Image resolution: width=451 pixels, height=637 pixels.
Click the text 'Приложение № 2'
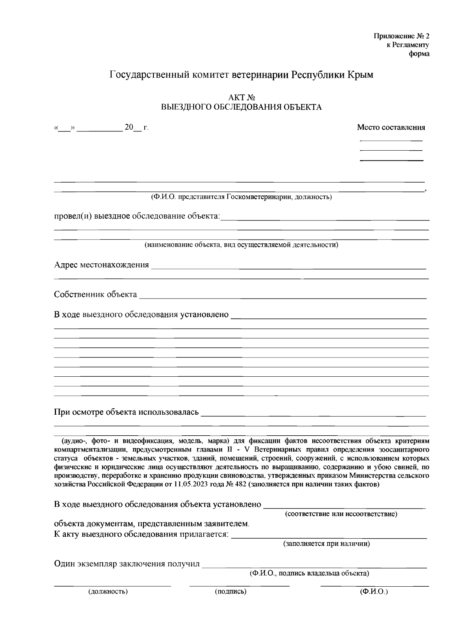click(401, 36)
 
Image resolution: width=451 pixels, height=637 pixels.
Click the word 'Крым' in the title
click(360, 75)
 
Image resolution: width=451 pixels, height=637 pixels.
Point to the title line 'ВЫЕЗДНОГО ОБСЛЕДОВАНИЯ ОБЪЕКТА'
click(241, 107)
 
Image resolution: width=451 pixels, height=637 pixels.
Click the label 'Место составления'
click(391, 127)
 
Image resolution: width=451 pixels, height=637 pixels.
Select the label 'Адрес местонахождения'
click(101, 265)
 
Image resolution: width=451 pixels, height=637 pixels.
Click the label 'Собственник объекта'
click(95, 294)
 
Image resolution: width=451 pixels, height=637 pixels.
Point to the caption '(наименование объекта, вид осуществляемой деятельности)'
click(241, 245)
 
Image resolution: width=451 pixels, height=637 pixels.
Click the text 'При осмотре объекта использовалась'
click(126, 412)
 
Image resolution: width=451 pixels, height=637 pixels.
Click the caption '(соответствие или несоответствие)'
click(341, 514)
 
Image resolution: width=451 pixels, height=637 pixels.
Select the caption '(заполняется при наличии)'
click(326, 543)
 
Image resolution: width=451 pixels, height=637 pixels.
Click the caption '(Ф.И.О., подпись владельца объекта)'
click(309, 573)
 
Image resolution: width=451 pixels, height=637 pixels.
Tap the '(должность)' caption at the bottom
click(108, 592)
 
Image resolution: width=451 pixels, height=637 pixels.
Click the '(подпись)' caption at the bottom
click(231, 592)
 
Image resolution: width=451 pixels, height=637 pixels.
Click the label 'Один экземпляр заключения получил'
click(127, 564)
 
